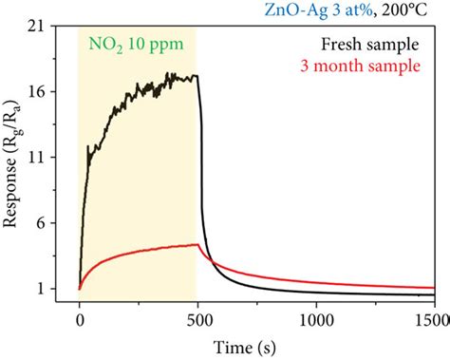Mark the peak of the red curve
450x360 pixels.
[x=196, y=244]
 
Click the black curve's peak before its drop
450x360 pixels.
[x=195, y=75]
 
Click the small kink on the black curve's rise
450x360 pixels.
[x=88, y=147]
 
